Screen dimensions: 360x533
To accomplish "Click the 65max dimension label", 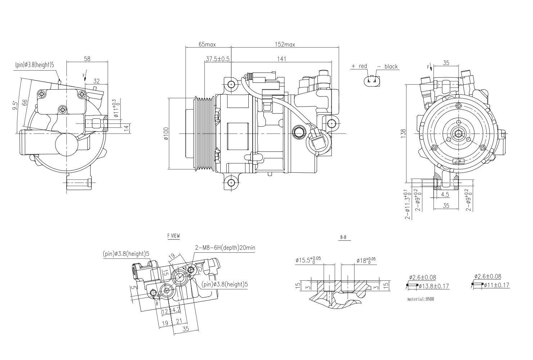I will pos(207,44).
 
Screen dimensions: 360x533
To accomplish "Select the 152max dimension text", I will pos(285,44).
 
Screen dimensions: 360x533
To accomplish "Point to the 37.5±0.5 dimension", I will pos(218,59).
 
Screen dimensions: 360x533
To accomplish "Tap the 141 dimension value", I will pos(282,59).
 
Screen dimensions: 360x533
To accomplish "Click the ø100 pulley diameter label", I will pos(166,134).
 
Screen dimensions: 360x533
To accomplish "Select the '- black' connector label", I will pos(388,66).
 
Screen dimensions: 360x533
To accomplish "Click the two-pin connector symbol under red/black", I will pos(372,81).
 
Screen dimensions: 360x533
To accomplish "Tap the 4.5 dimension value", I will pos(445,194).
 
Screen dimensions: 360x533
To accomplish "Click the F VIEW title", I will pos(173,236).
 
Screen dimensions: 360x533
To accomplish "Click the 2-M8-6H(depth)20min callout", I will pos(225,248).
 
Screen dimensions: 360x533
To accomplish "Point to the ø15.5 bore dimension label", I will pos(308,260).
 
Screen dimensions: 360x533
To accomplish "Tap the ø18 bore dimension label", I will pos(366,260).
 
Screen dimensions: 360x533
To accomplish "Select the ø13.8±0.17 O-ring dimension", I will pos(433,286).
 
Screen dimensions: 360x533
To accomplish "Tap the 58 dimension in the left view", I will pos(87,59).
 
